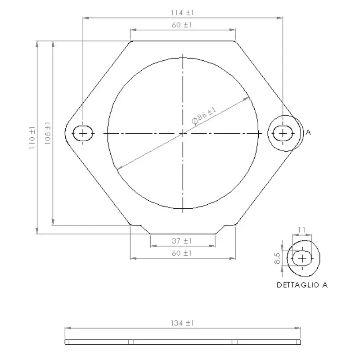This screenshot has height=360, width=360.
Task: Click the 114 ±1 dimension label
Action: pyautogui.click(x=182, y=13)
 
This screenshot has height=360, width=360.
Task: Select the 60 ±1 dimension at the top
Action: pyautogui.click(x=182, y=25)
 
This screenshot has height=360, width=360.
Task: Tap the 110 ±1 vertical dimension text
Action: pyautogui.click(x=32, y=138)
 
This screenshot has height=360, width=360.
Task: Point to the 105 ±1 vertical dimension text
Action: pyautogui.click(x=48, y=133)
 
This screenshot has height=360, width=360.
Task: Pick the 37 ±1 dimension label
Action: pyautogui.click(x=182, y=241)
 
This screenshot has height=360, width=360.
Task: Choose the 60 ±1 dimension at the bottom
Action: pyautogui.click(x=182, y=253)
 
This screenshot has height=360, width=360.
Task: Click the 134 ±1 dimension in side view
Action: pyautogui.click(x=182, y=323)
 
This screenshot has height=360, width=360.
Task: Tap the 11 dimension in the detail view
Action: pyautogui.click(x=301, y=230)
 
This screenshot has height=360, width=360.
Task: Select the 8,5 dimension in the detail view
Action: pyautogui.click(x=277, y=258)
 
